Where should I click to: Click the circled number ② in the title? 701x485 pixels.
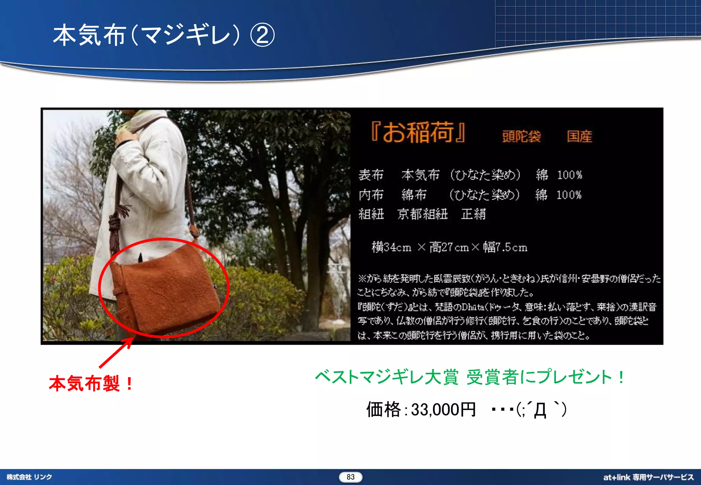pos(262,35)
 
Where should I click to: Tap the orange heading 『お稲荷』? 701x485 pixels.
pos(418,132)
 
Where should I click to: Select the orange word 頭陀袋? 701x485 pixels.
pos(521,136)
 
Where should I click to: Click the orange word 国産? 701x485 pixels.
pos(579,136)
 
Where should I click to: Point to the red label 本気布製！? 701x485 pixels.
pos(91,383)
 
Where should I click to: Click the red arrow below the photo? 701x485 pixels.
pos(116,353)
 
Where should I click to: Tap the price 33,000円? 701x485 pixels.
pos(443,409)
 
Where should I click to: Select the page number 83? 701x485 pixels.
pos(350,477)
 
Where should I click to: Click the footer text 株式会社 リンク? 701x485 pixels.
pos(29,477)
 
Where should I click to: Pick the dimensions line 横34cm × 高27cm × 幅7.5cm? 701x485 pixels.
pos(449,247)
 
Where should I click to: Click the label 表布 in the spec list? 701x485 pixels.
pos(371,175)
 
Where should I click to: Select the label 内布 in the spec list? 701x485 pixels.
pos(371,195)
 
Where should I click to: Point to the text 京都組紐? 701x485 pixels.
pos(422,214)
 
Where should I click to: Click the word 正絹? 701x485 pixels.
pos(473,214)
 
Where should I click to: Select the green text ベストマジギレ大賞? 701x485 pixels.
pos(386,377)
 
